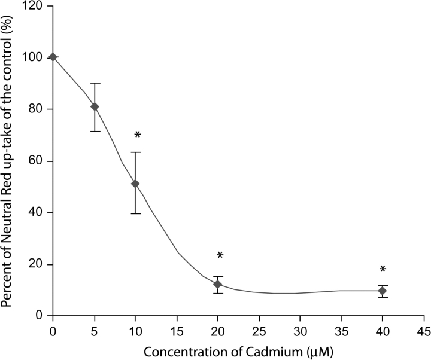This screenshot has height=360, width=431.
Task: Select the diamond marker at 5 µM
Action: [x=95, y=106]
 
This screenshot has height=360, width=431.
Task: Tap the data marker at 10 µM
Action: [x=135, y=184]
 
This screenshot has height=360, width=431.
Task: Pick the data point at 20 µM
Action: [x=218, y=284]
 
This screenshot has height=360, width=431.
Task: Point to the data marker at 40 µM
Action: [x=383, y=291]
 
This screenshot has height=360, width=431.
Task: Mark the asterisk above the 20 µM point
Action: [x=220, y=256]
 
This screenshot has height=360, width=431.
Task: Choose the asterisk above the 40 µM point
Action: [x=384, y=270]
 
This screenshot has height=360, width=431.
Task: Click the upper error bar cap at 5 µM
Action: [x=95, y=83]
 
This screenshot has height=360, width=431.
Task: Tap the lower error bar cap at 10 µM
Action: [x=135, y=213]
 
